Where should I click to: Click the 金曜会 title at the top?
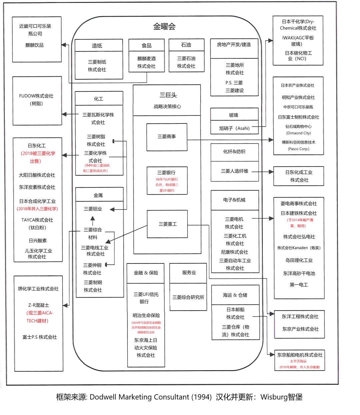click(164, 27)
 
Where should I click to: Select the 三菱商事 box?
click(167, 137)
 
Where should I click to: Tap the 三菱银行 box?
click(167, 180)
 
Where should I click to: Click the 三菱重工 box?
click(167, 224)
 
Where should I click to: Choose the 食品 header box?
click(147, 45)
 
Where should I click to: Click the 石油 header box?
click(186, 45)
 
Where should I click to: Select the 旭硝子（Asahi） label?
click(234, 128)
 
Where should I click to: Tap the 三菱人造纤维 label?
click(235, 171)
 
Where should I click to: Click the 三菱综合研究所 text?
click(188, 297)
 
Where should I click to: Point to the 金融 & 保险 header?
click(146, 273)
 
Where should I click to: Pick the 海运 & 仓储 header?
click(235, 295)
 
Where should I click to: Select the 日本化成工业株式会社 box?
click(299, 176)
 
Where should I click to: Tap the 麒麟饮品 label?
click(35, 45)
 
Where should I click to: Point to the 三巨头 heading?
click(168, 95)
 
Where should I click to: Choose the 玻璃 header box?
click(234, 115)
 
